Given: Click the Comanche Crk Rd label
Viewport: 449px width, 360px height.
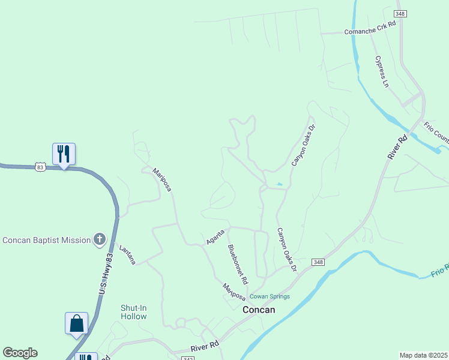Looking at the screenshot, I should coord(370,28).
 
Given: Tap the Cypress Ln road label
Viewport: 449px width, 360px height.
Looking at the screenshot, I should coord(382,71).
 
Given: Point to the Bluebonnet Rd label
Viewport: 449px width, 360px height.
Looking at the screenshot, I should coord(238,264).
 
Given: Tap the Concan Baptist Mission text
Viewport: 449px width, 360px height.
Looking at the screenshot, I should coord(46,241).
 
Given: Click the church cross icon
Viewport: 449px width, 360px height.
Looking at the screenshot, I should coord(100,240).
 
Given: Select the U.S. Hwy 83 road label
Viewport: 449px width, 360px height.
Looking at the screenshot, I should coord(105,274).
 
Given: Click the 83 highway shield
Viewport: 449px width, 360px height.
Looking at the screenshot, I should coord(40,167).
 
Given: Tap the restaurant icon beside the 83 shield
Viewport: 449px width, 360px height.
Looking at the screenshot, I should coord(64,154).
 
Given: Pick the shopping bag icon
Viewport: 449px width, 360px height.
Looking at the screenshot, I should coord(77,323).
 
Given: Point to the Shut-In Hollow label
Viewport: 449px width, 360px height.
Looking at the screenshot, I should coord(133,312).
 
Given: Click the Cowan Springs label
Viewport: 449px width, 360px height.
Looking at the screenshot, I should coord(270,296).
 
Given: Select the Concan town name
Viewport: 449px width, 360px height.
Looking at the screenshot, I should coord(259,310).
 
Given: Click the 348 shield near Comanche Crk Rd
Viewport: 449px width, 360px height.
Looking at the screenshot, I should coord(400,13).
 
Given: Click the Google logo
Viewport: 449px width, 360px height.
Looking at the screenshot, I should coord(20,353).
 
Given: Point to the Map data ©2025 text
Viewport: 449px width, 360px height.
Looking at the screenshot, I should coord(423,355).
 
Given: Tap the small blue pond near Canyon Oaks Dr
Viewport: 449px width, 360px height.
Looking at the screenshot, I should coord(278,184).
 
